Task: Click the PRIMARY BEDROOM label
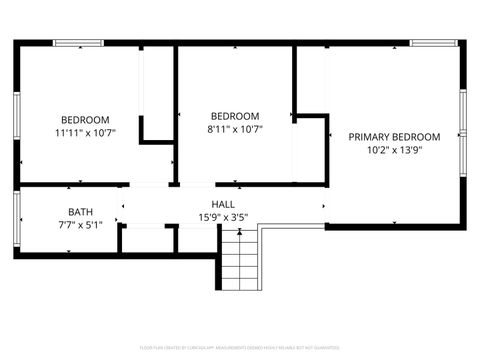pyautogui.click(x=393, y=137)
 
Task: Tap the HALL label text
pyautogui.click(x=223, y=204)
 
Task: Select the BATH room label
pyautogui.click(x=81, y=211)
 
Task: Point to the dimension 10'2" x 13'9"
pyautogui.click(x=393, y=152)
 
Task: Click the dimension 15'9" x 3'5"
pyautogui.click(x=223, y=218)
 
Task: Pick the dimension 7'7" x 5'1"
pyautogui.click(x=81, y=225)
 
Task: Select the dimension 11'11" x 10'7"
pyautogui.click(x=85, y=132)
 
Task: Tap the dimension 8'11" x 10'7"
pyautogui.click(x=234, y=129)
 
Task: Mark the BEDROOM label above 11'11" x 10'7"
pyautogui.click(x=85, y=118)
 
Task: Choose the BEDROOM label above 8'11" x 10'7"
pyautogui.click(x=234, y=115)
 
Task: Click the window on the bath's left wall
pyautogui.click(x=17, y=220)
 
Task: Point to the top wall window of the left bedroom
pyautogui.click(x=78, y=43)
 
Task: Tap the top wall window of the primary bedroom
pyautogui.click(x=434, y=43)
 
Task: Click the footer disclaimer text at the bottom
pyautogui.click(x=239, y=347)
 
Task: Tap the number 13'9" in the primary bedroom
pyautogui.click(x=411, y=152)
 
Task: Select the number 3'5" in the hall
pyautogui.click(x=239, y=218)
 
